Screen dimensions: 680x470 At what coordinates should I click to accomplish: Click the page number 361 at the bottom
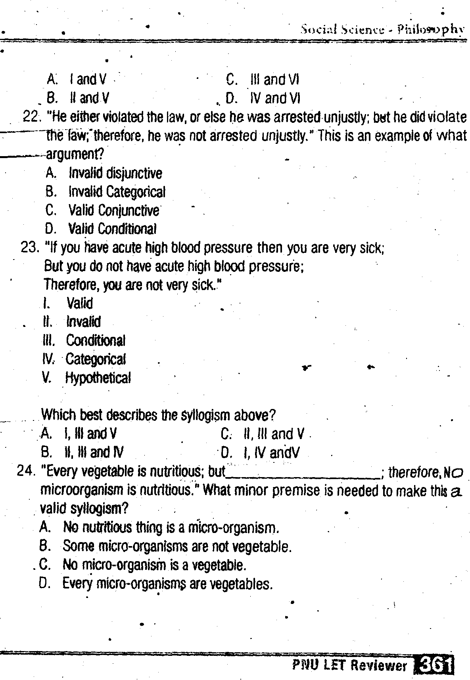(434, 666)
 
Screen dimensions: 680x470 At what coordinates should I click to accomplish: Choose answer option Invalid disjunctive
(115, 174)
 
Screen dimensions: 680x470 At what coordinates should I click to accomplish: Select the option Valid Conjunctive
(113, 210)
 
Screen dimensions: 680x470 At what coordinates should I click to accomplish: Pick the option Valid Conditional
(112, 229)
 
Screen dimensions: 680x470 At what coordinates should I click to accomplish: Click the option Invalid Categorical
(117, 192)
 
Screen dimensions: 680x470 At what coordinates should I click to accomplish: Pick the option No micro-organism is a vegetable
(154, 565)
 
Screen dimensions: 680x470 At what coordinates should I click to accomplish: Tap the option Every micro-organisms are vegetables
(167, 584)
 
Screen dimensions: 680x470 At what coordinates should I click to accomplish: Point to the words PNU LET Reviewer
(349, 666)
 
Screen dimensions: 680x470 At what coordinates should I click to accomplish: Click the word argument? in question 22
(75, 154)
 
